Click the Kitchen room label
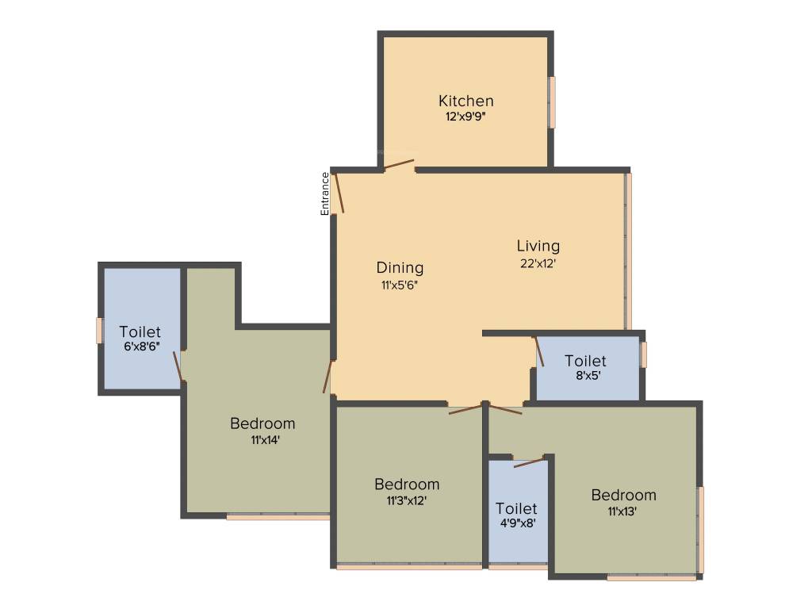pyautogui.click(x=466, y=101)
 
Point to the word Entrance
pyautogui.click(x=324, y=193)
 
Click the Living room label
pyautogui.click(x=538, y=246)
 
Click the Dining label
pyautogui.click(x=400, y=268)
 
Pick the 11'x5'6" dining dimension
pyautogui.click(x=399, y=285)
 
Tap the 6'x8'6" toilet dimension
pyautogui.click(x=140, y=347)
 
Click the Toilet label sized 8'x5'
pyautogui.click(x=585, y=362)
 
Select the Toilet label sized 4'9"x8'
pyautogui.click(x=516, y=508)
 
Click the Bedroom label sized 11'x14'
pyautogui.click(x=262, y=423)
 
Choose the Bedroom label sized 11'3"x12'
pyautogui.click(x=407, y=484)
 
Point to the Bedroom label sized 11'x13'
pyautogui.click(x=623, y=495)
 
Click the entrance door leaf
pyautogui.click(x=339, y=193)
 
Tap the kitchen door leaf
pyautogui.click(x=399, y=164)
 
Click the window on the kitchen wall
pyautogui.click(x=552, y=101)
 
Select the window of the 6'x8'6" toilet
pyautogui.click(x=100, y=330)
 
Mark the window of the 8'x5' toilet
pyautogui.click(x=644, y=354)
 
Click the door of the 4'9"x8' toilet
pyautogui.click(x=529, y=462)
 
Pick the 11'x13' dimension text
pyautogui.click(x=623, y=511)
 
